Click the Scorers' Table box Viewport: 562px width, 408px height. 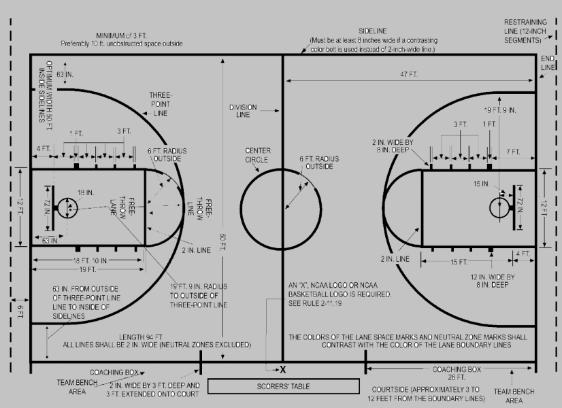coord(283,386)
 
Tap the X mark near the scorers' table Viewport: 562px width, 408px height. coord(283,369)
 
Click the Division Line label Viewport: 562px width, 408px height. coord(243,111)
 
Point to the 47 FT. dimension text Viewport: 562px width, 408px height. coord(408,73)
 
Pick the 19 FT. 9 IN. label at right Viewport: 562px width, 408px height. coord(500,109)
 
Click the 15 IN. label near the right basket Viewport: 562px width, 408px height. coord(482,184)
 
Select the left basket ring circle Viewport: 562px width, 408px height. coord(67,208)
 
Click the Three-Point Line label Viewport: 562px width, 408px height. coord(161,104)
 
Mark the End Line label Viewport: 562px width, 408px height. coord(548,63)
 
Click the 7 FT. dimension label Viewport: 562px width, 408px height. coord(513,151)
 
